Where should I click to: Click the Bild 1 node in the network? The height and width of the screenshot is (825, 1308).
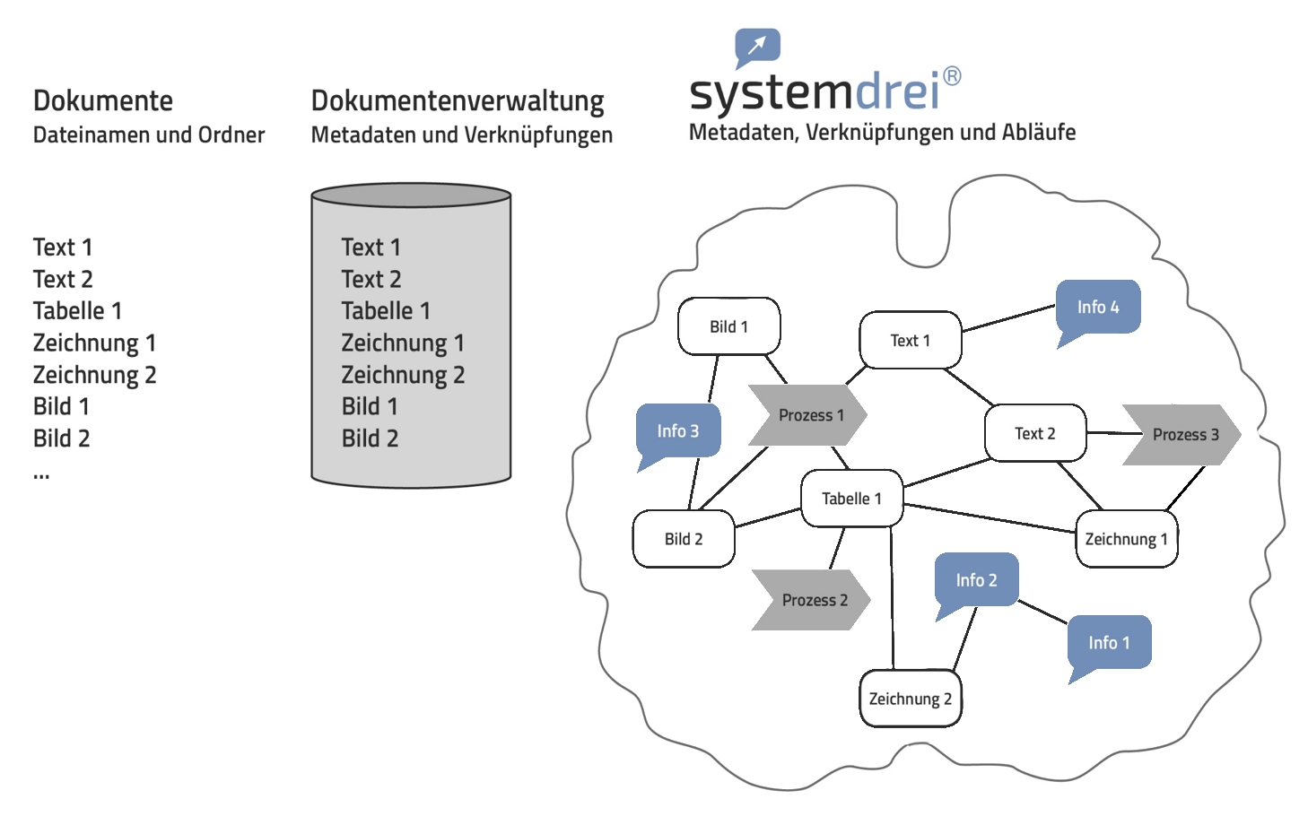728,326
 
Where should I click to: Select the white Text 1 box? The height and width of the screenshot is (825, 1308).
910,340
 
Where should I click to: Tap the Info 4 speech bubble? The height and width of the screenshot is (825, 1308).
1098,307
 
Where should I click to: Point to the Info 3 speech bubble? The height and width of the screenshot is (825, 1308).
678,431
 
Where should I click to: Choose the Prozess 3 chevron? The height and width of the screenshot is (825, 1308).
1182,435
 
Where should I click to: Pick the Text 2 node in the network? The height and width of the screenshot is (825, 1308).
1035,433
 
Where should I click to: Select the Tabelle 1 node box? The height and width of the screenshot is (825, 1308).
851,499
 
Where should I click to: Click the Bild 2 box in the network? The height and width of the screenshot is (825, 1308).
684,539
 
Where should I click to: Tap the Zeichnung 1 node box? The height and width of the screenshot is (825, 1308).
1126,539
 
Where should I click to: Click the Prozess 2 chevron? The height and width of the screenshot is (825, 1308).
812,600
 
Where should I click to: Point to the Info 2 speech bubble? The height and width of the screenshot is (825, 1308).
976,580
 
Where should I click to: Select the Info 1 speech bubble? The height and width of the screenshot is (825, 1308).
1109,643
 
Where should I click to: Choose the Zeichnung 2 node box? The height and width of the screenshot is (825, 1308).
911,699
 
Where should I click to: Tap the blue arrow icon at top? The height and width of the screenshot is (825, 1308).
758,45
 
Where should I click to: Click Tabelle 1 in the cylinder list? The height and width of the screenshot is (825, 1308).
386,311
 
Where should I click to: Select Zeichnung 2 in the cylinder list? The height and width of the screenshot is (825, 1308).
403,375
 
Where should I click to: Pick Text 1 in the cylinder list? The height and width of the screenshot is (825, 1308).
371,247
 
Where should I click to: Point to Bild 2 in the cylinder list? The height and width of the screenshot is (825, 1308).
370,439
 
